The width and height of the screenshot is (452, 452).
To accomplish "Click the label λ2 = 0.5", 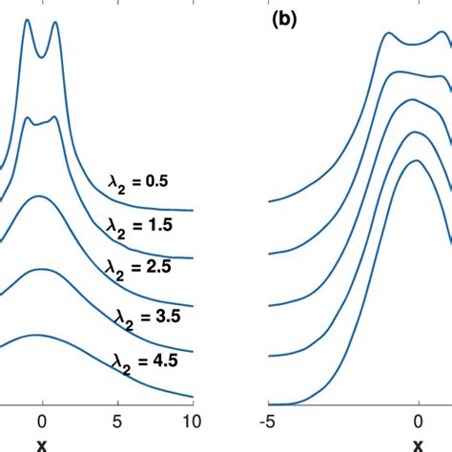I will tap(137, 180).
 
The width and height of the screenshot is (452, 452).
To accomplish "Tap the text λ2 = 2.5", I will tap(137, 270).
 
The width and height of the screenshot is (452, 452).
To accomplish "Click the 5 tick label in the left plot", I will tap(116, 420).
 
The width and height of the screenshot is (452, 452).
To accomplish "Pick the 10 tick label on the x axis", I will tap(191, 420).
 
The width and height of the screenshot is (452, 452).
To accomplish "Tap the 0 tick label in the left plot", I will tap(42, 420).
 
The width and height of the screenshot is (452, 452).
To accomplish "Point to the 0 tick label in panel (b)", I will tap(418, 420).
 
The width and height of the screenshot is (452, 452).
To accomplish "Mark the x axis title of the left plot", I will tap(42, 443).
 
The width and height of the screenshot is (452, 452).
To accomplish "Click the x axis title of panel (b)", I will tap(418, 443).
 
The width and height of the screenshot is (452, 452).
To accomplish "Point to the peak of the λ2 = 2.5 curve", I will tap(39, 196).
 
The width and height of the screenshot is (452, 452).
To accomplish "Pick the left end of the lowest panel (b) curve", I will tap(271, 407).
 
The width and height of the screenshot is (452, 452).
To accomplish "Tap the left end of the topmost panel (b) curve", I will tap(271, 202).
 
